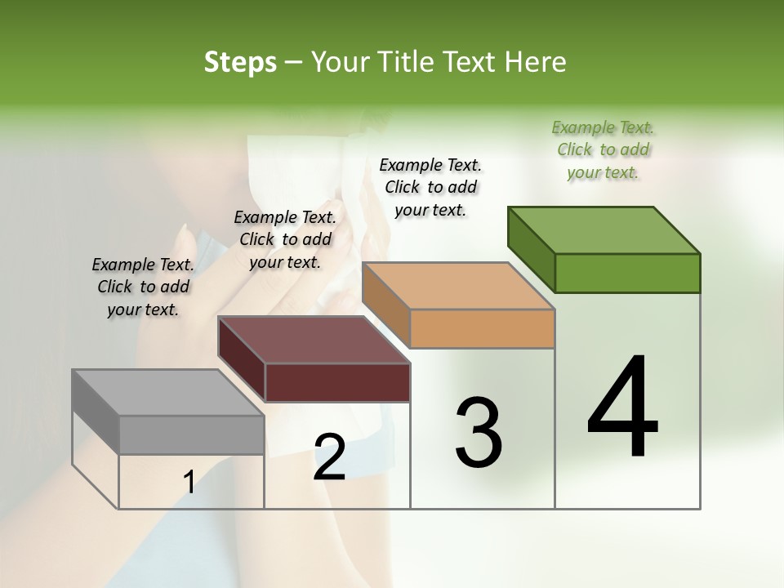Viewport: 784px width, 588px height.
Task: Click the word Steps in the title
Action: (240, 62)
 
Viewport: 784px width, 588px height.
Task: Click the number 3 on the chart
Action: (478, 433)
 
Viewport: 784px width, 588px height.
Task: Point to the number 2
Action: (329, 457)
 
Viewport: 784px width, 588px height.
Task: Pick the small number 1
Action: (189, 483)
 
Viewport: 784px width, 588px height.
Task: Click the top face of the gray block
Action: (167, 393)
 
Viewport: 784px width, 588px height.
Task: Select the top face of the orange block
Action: (457, 286)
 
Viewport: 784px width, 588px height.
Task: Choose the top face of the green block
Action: (604, 230)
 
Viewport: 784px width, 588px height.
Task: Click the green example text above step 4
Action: (603, 150)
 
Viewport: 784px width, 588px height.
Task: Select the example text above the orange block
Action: (430, 187)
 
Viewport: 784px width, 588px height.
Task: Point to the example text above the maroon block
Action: (285, 239)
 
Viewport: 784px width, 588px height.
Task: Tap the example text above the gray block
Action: (143, 287)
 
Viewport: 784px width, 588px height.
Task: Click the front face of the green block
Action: (627, 273)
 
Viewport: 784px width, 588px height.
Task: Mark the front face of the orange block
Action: (482, 328)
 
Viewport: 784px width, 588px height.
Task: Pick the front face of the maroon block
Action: (337, 382)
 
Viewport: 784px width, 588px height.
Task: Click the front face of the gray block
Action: (192, 434)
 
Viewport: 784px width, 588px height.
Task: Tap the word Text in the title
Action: (473, 62)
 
